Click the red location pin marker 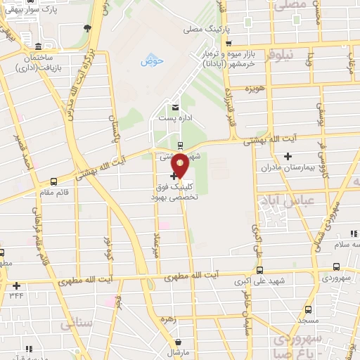coord(180,165)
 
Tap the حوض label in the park coord(151,61)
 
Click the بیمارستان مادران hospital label coord(286,168)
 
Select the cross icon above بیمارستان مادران coord(287,156)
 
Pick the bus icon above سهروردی coord(336,267)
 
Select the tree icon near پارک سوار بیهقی coord(87,28)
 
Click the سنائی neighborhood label coord(77,324)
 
